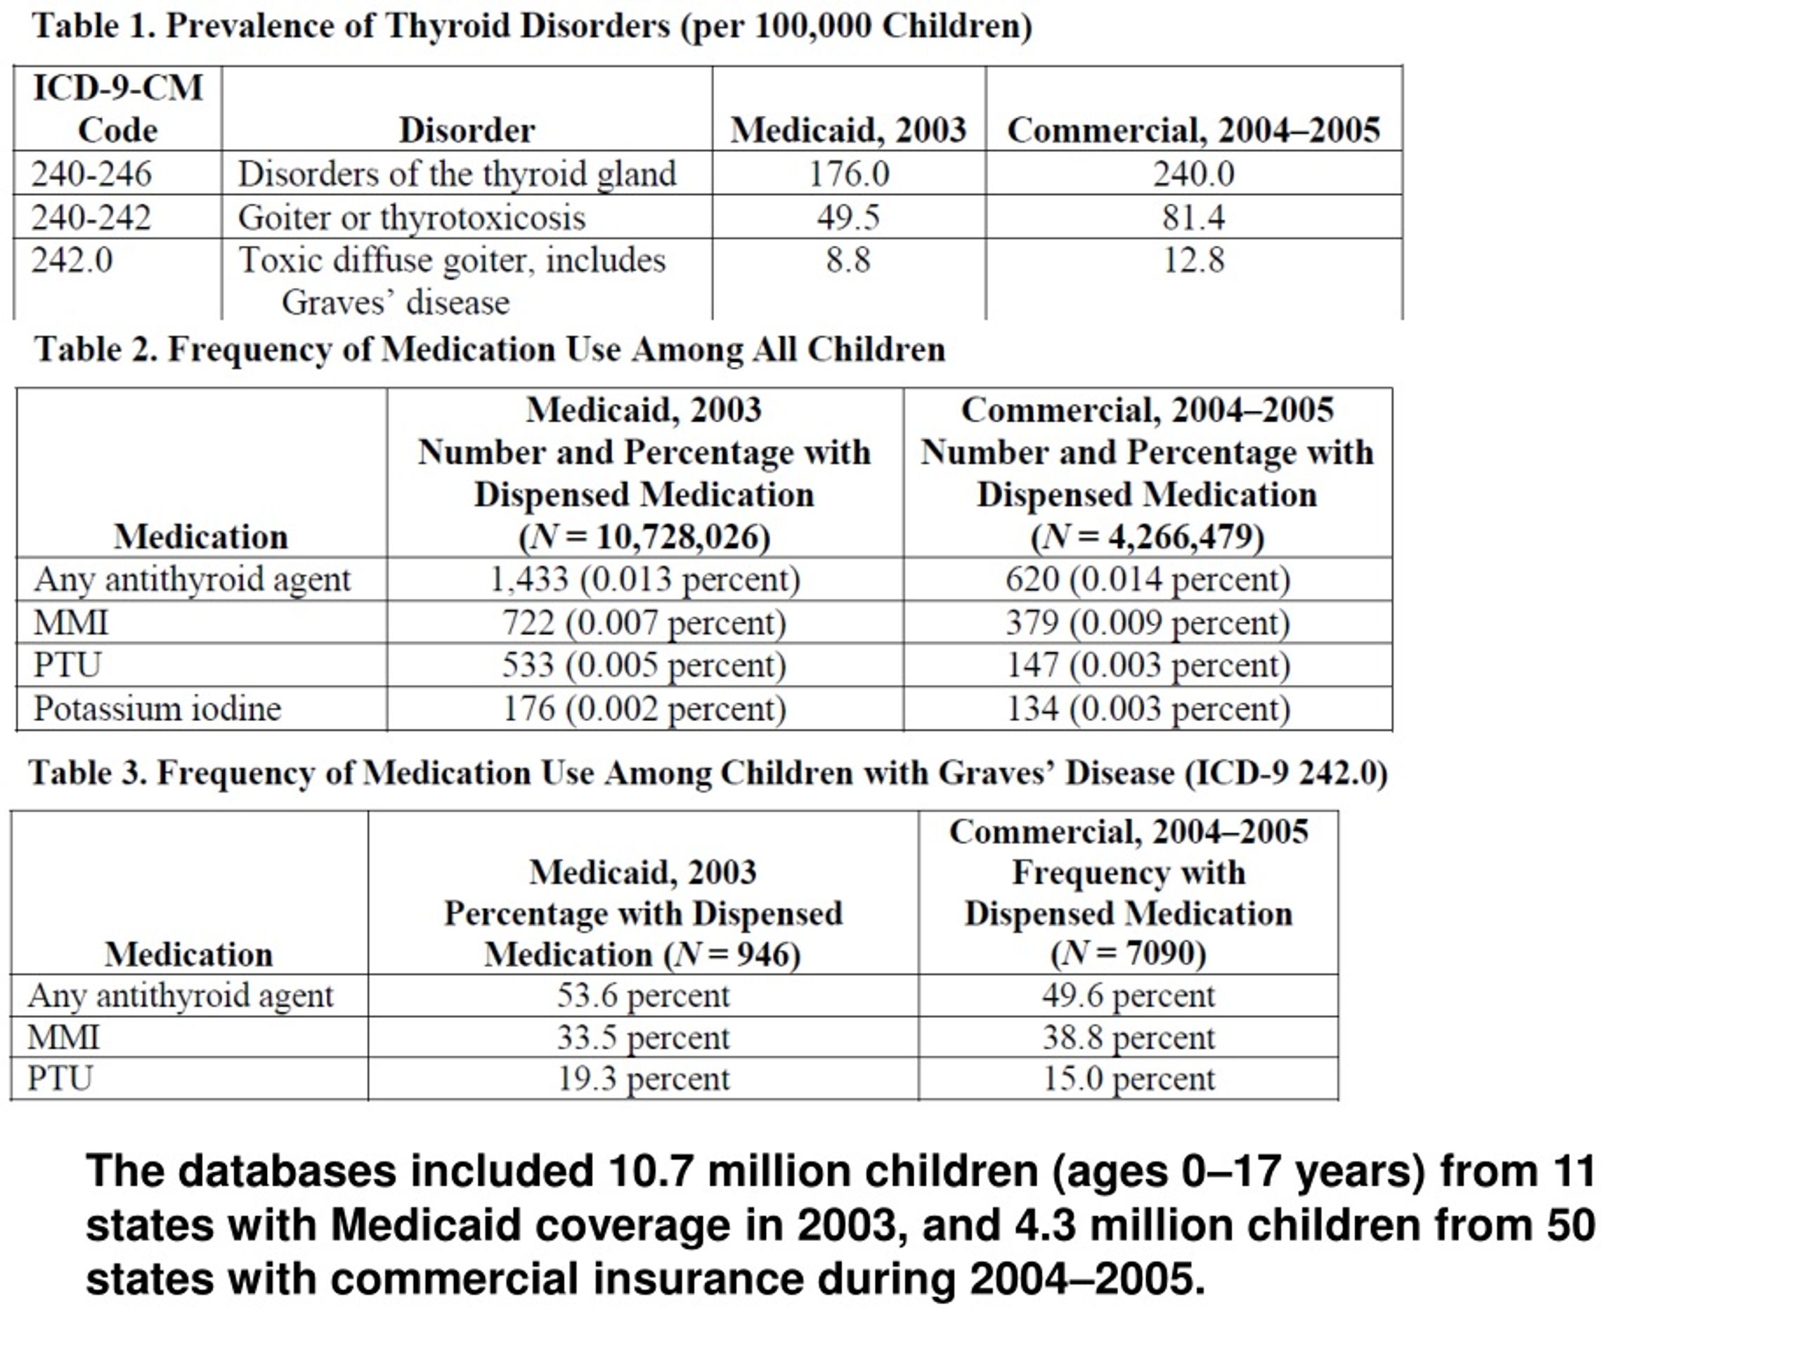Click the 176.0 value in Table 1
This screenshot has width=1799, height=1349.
(x=848, y=174)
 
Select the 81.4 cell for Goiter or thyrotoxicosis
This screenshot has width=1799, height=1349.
(x=1193, y=217)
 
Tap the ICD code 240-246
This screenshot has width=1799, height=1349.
(x=91, y=174)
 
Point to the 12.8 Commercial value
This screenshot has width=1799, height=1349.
(x=1193, y=260)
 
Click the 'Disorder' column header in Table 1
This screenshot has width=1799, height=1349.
(x=467, y=130)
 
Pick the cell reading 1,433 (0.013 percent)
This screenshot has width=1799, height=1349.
(x=644, y=579)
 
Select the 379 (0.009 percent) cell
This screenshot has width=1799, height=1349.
(x=1148, y=623)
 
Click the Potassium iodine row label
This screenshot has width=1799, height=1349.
(x=157, y=708)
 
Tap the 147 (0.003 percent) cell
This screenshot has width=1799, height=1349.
(x=1148, y=665)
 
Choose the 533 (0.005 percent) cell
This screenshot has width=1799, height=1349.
(x=644, y=665)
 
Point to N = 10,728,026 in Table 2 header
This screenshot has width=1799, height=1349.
(x=644, y=537)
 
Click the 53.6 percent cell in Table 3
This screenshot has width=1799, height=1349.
(x=643, y=996)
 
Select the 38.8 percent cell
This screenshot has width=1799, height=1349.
(x=1129, y=1038)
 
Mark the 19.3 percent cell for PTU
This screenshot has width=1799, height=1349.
(x=643, y=1079)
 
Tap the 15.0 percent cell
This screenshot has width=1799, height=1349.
(x=1129, y=1079)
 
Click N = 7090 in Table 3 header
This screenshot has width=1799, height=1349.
(x=1128, y=954)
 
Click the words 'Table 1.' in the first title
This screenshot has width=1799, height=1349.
(x=93, y=26)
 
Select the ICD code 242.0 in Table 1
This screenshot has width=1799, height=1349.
(x=72, y=260)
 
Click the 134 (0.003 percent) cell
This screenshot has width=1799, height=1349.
(x=1148, y=708)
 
